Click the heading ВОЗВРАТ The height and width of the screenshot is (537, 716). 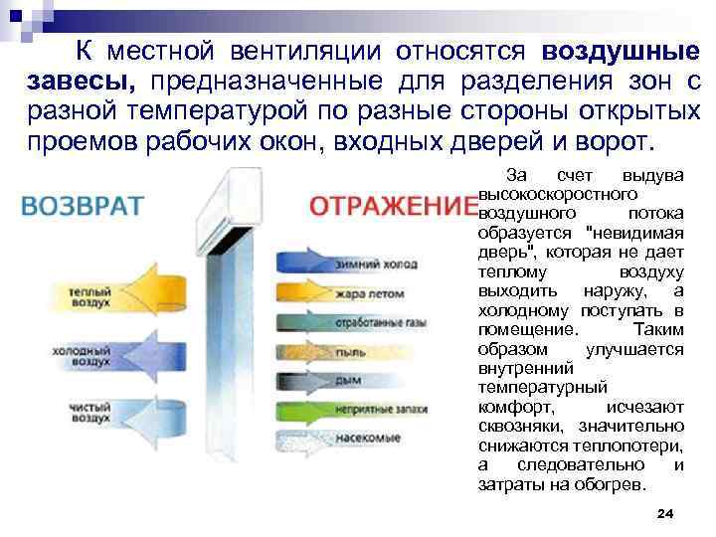click(83, 206)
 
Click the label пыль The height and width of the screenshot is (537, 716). click(348, 352)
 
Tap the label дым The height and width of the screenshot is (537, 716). click(347, 380)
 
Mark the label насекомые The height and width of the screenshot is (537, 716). click(367, 438)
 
